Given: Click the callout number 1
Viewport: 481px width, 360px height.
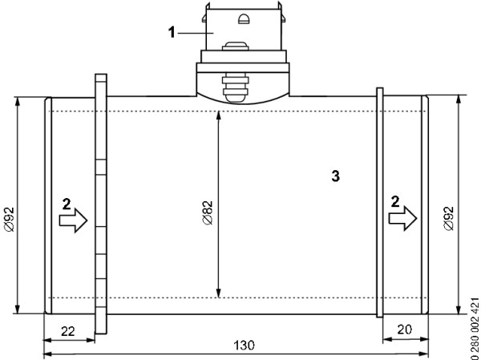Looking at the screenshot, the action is [x=172, y=32].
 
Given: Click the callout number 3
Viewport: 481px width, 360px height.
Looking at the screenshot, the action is [x=336, y=176].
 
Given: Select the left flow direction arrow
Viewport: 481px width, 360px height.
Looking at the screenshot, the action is [x=73, y=220].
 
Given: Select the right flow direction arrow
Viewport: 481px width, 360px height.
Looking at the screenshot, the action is [x=402, y=218].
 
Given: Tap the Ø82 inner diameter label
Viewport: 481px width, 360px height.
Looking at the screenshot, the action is [x=208, y=212].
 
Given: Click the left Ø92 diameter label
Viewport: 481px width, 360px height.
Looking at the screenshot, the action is [x=10, y=219].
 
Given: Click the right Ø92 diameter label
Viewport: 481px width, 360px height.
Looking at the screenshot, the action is [x=449, y=219].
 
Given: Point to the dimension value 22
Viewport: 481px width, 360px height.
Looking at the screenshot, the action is [x=68, y=331].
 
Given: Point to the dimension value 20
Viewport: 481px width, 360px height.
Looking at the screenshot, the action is [x=404, y=330].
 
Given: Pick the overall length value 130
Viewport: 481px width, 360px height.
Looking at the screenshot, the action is [x=245, y=346].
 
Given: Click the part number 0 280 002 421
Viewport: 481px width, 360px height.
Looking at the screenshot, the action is [x=475, y=328].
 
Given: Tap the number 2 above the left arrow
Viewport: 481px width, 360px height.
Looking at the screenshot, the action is [x=67, y=204].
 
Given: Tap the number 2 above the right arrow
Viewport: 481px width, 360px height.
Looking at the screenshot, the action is [x=395, y=202].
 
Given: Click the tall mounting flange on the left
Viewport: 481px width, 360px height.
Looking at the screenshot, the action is [x=101, y=204].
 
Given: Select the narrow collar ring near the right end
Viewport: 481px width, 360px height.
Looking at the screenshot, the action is [x=380, y=202].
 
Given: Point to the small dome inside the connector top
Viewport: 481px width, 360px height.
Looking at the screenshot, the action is [x=244, y=18].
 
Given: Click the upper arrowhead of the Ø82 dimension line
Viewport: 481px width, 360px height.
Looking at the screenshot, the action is [x=218, y=115].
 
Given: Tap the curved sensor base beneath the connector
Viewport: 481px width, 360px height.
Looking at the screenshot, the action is [x=243, y=88].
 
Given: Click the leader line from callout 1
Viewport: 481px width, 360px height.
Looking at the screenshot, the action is [x=196, y=33].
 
